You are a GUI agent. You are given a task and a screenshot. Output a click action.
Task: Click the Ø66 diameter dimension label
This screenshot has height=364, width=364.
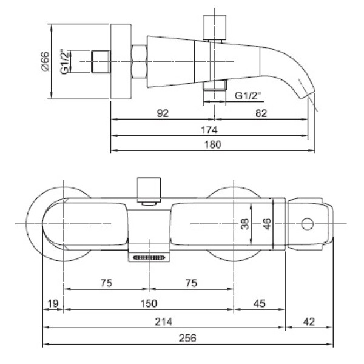[45, 61]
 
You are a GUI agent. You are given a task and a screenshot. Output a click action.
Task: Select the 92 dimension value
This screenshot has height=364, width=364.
[163, 113]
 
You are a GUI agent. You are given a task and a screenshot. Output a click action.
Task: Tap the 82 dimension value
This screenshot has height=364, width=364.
[261, 113]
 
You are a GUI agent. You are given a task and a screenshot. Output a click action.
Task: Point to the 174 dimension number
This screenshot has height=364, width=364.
[209, 130]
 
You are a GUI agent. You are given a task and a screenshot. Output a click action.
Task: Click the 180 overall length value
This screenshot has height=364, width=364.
[213, 144]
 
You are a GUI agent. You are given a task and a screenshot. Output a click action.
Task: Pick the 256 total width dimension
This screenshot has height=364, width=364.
[187, 338]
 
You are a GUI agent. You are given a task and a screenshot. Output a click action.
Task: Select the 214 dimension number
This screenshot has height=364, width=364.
[164, 322]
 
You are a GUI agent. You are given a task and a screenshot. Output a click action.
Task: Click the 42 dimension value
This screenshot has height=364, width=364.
[309, 322]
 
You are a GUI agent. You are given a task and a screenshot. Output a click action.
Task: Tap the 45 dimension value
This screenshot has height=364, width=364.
[259, 303]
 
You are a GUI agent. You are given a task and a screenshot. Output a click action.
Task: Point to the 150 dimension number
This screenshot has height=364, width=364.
[149, 303]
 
